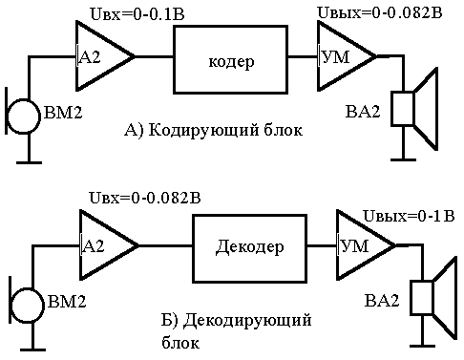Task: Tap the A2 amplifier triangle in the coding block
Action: [x=105, y=56]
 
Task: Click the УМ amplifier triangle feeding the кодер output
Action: [x=347, y=56]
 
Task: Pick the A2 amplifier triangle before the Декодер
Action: [x=109, y=245]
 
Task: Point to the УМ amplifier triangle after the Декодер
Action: [x=366, y=245]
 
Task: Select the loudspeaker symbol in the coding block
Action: [x=414, y=109]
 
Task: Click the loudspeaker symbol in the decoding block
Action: [x=433, y=298]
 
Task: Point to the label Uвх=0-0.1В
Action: [x=137, y=14]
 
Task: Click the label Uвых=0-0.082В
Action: [x=380, y=12]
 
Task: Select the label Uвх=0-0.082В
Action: [x=145, y=198]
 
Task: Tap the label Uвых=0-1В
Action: [x=409, y=216]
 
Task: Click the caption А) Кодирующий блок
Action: [x=213, y=130]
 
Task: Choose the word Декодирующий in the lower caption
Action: [x=247, y=321]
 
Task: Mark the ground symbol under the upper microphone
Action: [x=29, y=162]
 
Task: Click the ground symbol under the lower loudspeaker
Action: [x=422, y=346]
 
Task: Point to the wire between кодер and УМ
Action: [x=303, y=56]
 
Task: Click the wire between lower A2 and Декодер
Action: [x=165, y=245]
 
